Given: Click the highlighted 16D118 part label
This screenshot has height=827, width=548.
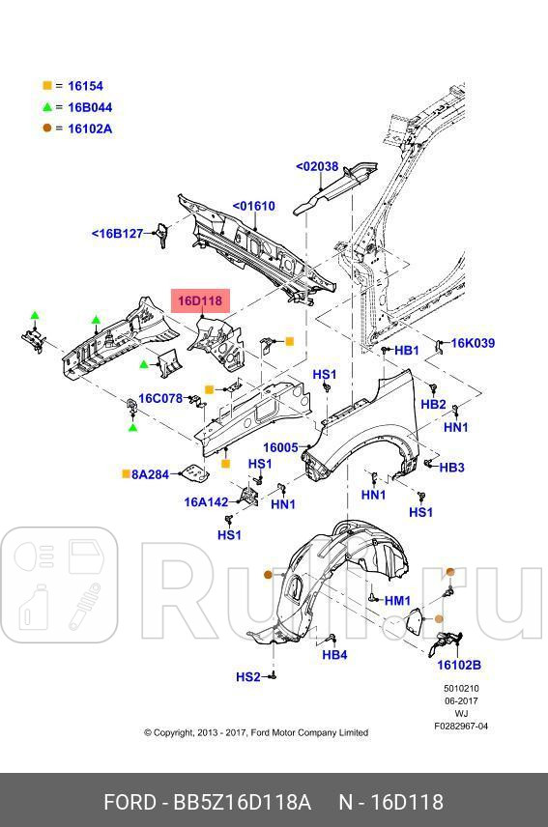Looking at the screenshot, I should point(198,301).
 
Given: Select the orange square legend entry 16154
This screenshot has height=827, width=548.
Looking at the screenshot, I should point(85,86).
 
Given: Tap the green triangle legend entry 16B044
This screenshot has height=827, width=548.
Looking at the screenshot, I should point(89,107).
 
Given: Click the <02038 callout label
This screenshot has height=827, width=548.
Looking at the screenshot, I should point(317,166).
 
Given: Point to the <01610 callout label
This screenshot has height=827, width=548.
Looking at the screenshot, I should point(253,206).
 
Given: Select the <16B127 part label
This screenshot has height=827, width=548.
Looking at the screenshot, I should point(117,233).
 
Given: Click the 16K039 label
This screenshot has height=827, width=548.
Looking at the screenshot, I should point(473,343).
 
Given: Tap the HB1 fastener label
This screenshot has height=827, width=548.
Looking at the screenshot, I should point(407,350).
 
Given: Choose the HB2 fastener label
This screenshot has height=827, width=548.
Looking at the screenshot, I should point(433,404).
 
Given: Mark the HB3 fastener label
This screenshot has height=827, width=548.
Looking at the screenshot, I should point(451,468).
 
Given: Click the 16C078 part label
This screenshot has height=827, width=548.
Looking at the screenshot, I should point(160,398).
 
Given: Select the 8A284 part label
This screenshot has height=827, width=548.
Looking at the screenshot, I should point(151,474).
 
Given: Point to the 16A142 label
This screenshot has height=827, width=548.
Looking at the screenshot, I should point(207,501).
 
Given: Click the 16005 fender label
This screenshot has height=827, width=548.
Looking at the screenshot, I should point(281,447).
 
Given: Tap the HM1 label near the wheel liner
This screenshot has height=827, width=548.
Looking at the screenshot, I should point(397,600).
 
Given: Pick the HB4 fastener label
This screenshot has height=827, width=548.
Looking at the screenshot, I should point(334,655).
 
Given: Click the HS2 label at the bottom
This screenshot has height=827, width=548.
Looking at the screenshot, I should point(248,677).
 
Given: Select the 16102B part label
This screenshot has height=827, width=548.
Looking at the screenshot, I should point(459,665).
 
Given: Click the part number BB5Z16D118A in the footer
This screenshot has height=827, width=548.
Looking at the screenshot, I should point(242,803).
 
